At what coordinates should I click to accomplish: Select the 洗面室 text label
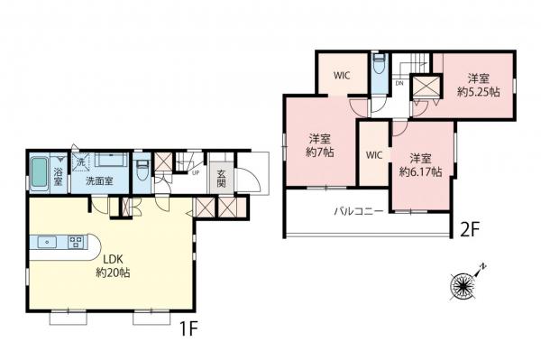click(x=99, y=181)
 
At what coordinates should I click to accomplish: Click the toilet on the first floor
click(x=141, y=169)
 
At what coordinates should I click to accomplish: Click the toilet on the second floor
click(x=380, y=67)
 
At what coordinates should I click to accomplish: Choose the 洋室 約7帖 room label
click(x=319, y=145)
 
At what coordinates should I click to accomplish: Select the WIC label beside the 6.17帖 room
click(x=375, y=154)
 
